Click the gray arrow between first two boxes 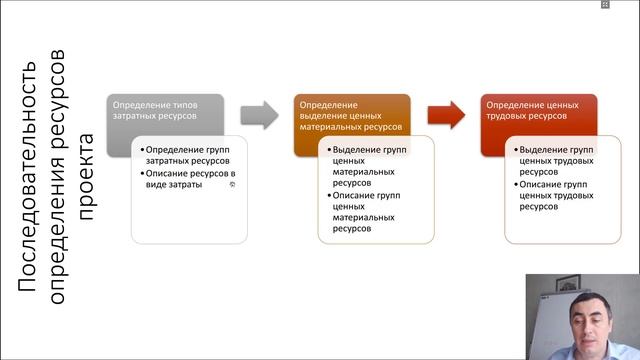259,115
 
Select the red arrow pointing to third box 446,115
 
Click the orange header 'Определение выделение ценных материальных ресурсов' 351,116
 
